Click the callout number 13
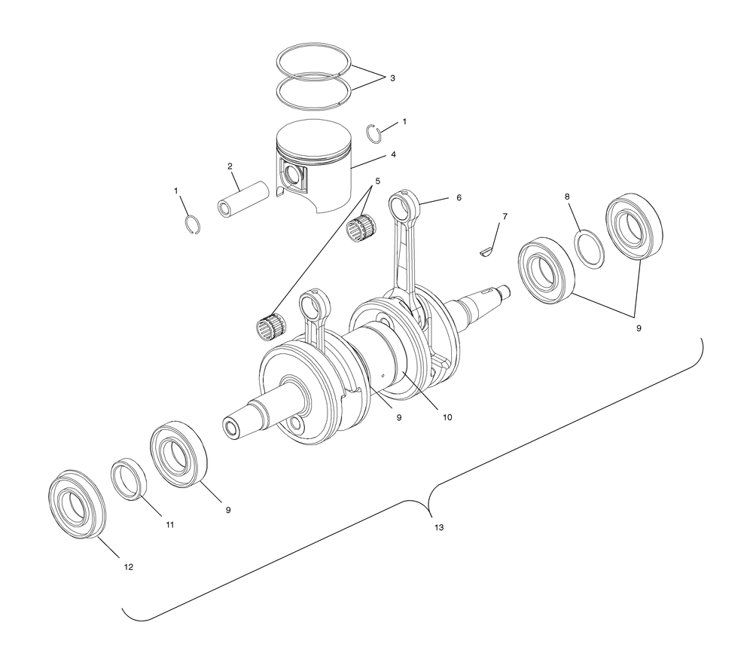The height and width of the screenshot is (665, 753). pos(439,527)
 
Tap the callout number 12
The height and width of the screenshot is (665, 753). pos(128,567)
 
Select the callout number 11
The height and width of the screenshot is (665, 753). pos(169,525)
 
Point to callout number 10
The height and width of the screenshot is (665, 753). pos(447,417)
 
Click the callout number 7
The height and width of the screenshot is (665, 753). pos(505,217)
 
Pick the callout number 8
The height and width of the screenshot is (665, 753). pos(567,197)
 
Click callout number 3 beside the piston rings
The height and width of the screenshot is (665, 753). pos(392,78)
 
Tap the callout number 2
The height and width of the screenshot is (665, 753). pos(230,166)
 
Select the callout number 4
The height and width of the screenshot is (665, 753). pos(393,154)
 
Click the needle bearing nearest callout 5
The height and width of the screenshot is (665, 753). pos(361,226)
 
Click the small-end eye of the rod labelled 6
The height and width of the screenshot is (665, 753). pos(402,203)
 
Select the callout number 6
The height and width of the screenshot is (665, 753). pos(459,197)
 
